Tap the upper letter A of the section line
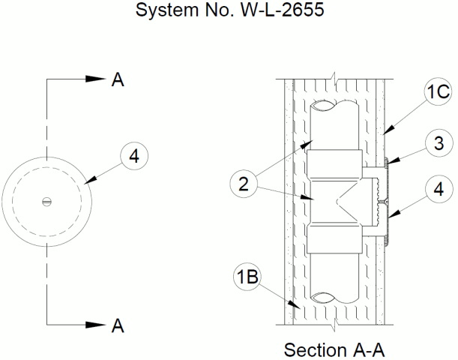click(118, 79)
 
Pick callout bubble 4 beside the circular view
click(133, 156)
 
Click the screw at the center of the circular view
click(46, 201)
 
